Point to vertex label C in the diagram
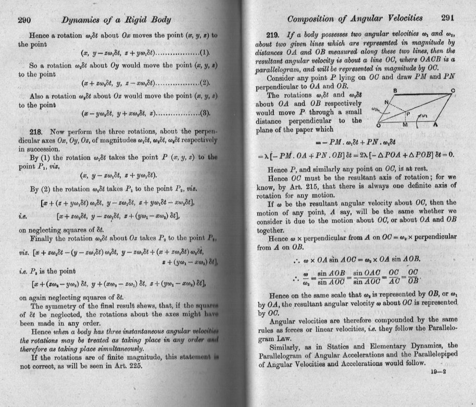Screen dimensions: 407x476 tap(453, 91)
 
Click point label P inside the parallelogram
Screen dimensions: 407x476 tap(409, 113)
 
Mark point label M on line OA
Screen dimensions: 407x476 tap(406, 126)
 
